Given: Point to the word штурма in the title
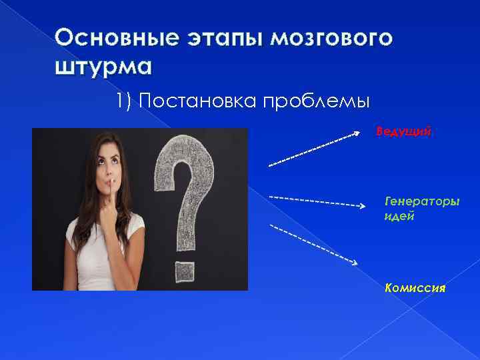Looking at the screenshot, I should pyautogui.click(x=103, y=67).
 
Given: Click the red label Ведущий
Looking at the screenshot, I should pyautogui.click(x=403, y=131).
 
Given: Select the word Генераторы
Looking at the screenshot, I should pyautogui.click(x=422, y=200).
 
